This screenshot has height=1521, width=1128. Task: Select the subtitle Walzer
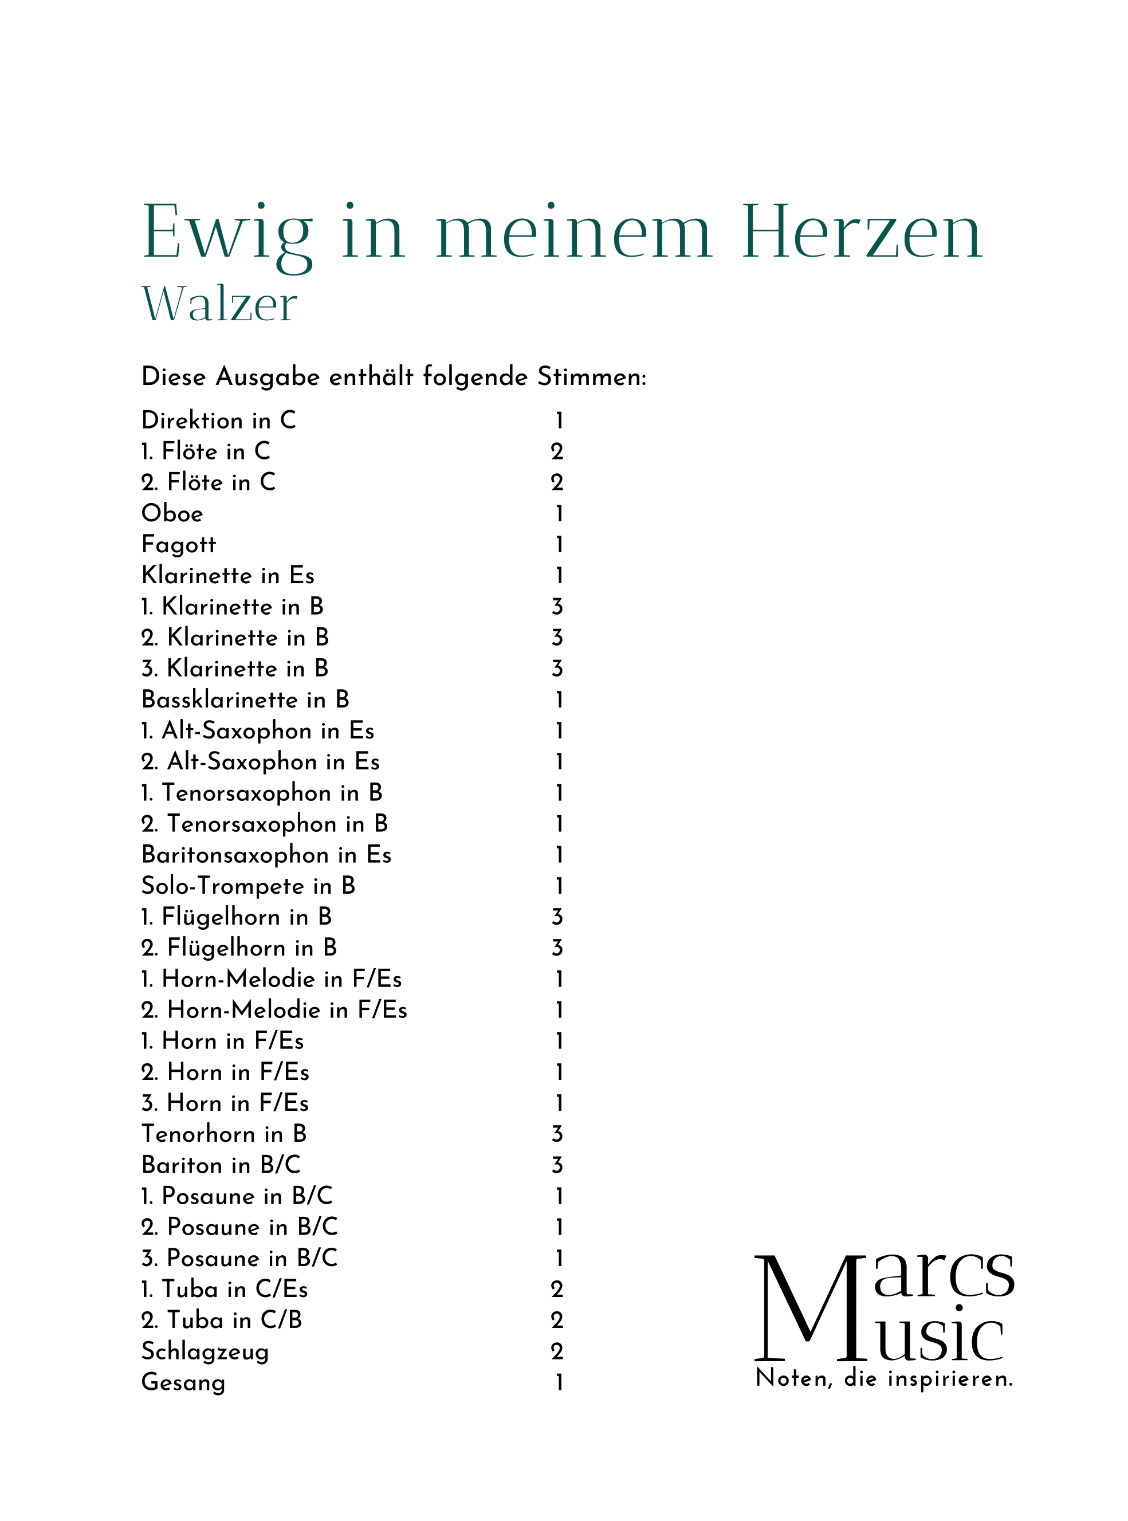click(219, 304)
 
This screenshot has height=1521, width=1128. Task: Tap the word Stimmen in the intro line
click(591, 377)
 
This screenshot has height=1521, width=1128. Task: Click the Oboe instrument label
click(172, 513)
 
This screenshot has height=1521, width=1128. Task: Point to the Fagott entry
click(178, 545)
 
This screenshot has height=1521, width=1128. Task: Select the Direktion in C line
click(218, 420)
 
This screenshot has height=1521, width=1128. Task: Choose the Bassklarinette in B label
click(245, 699)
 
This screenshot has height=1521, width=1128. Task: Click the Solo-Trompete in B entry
click(248, 886)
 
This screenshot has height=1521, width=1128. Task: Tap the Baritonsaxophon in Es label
click(266, 855)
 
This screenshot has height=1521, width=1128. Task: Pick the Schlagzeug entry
click(205, 1351)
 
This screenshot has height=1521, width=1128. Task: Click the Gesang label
click(183, 1382)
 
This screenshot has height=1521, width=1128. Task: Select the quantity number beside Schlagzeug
click(557, 1351)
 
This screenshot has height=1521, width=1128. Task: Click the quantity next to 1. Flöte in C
click(557, 451)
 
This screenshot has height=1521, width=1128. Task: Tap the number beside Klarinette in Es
click(559, 576)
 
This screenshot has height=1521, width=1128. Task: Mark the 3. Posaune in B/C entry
click(239, 1258)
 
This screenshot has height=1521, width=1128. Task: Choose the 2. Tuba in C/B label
click(221, 1320)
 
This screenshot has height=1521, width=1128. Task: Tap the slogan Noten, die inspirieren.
click(884, 1378)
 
